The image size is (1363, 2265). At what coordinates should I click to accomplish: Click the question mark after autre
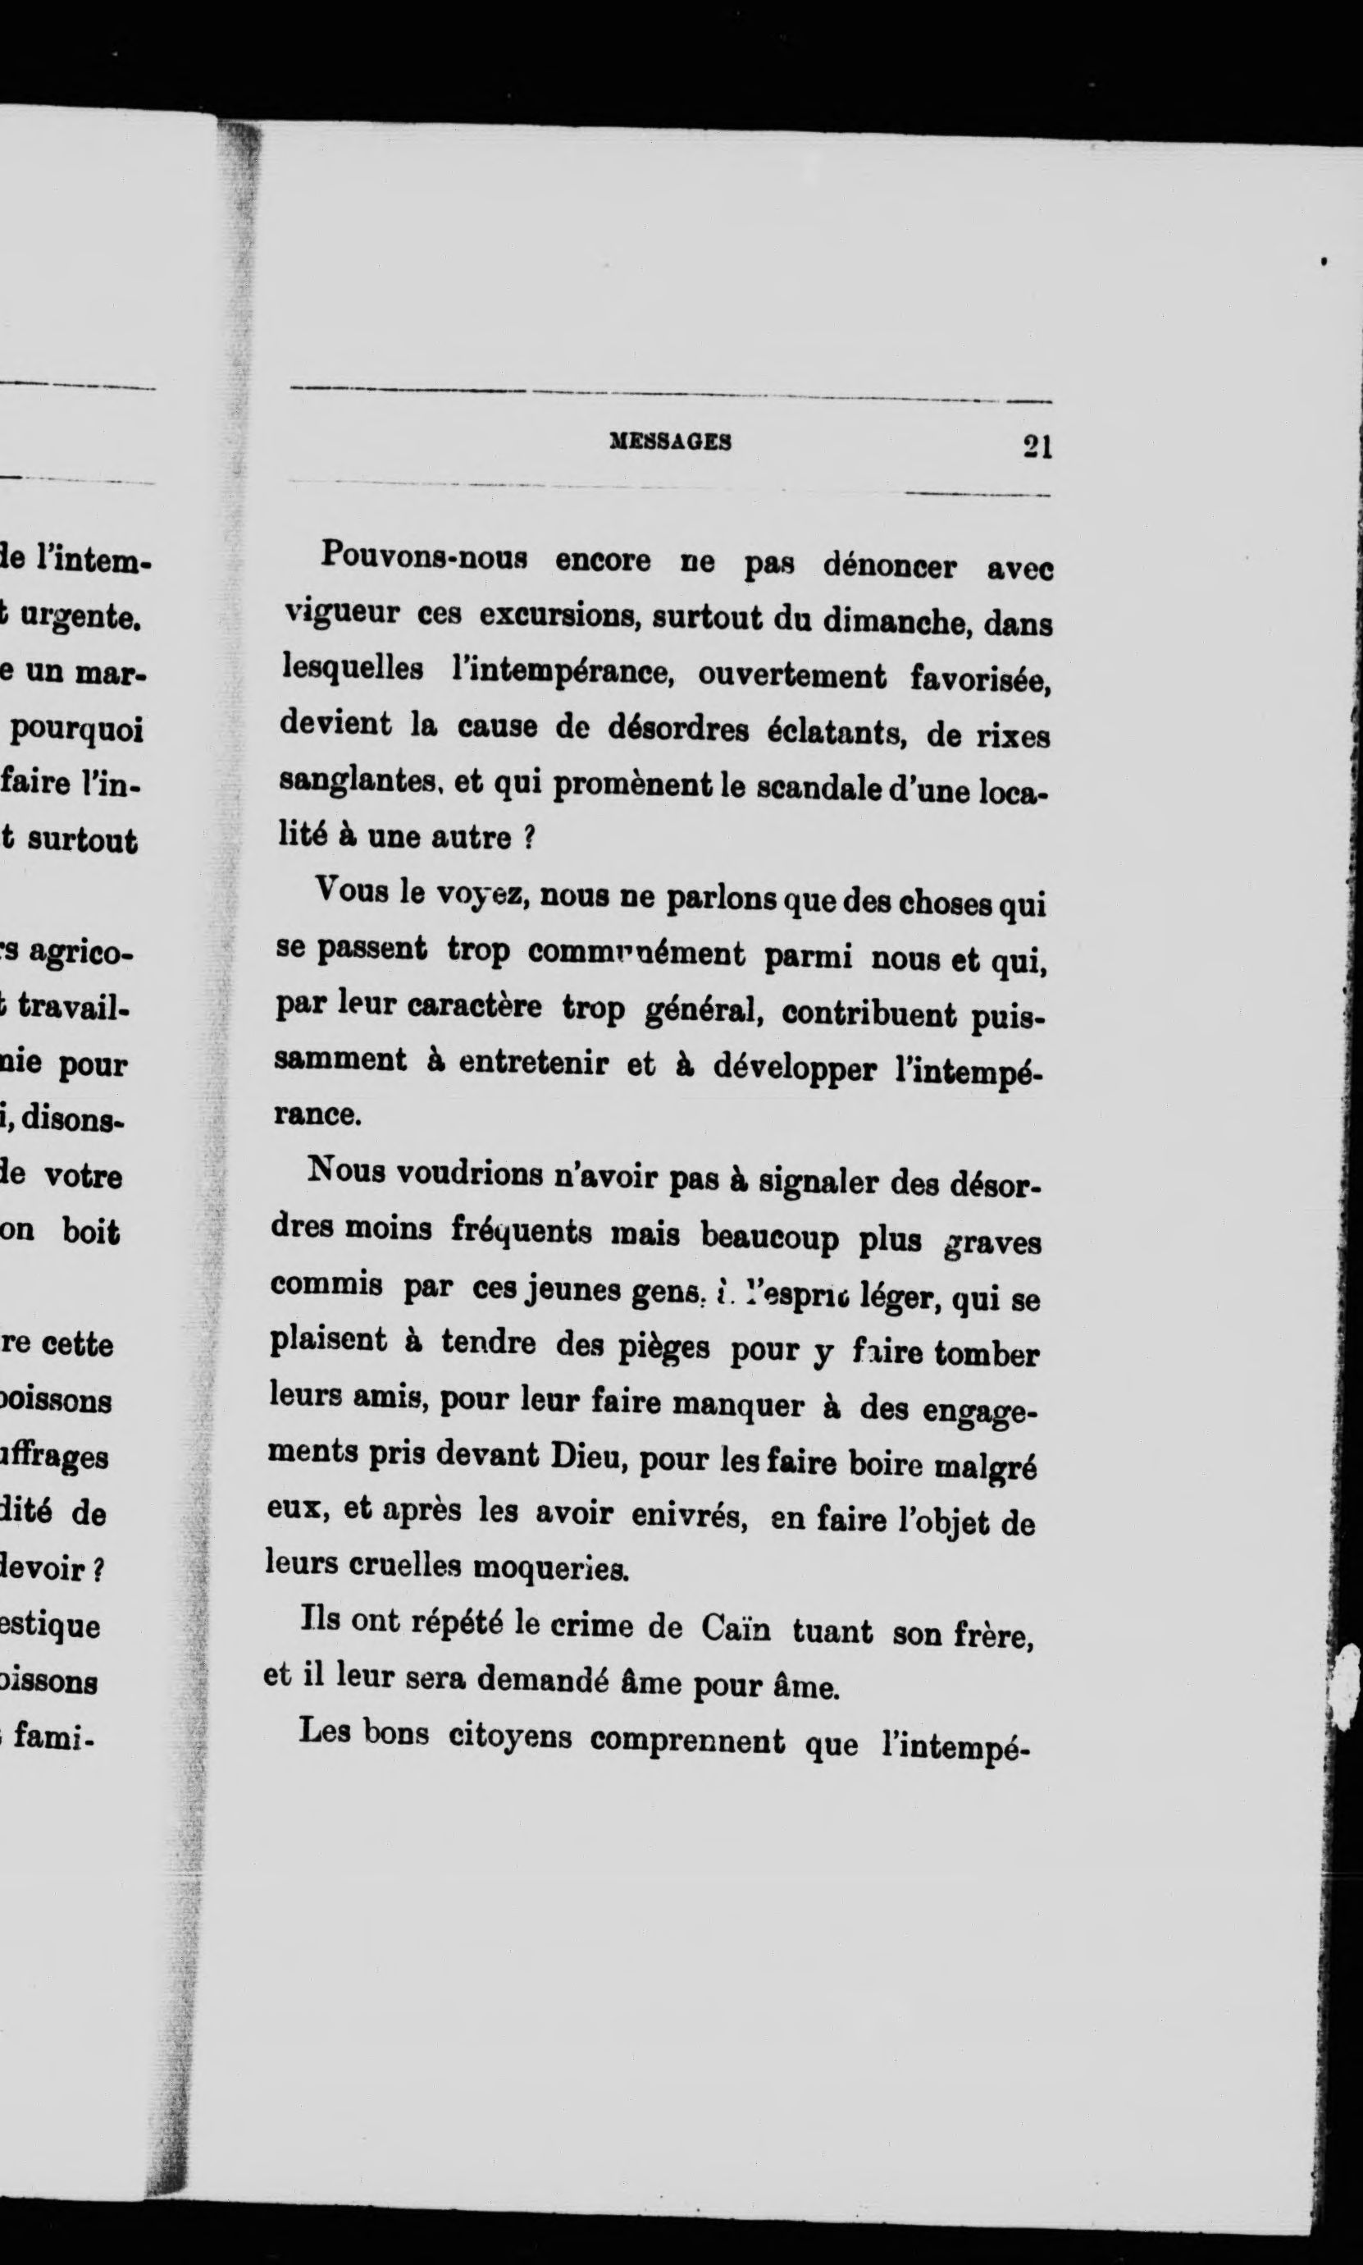[528, 840]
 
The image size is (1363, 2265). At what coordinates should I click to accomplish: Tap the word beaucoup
[770, 1237]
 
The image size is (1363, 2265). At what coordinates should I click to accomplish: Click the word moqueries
[550, 1569]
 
